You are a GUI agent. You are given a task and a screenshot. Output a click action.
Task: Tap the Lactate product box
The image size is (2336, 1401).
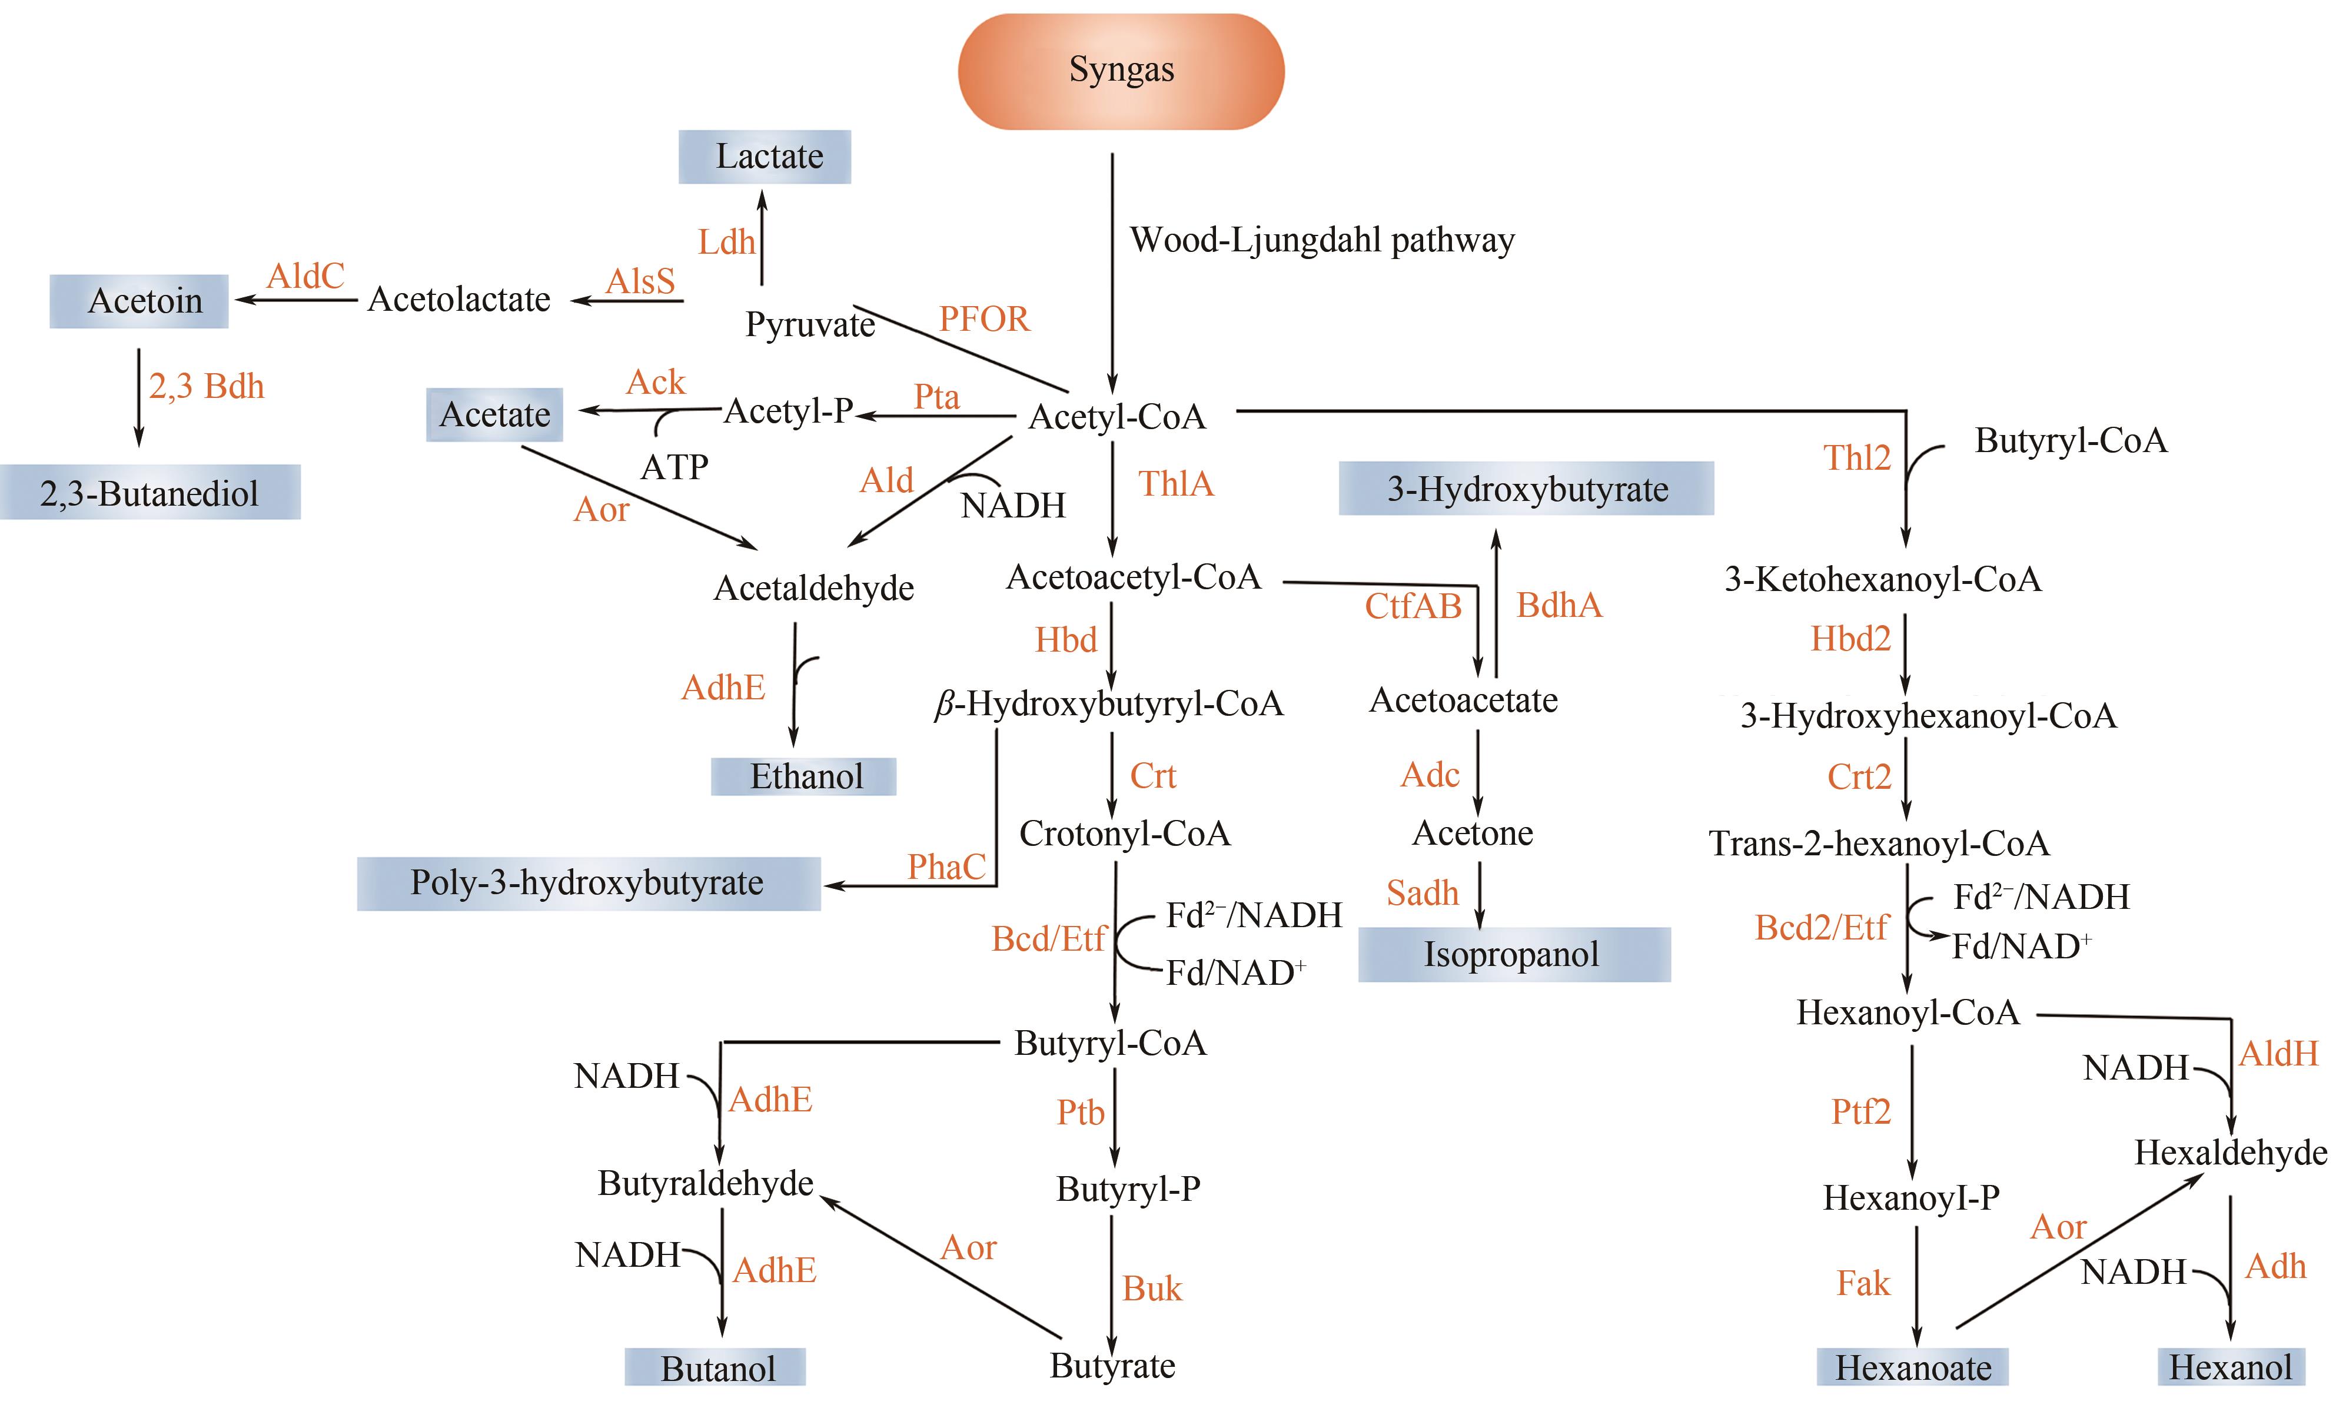click(x=765, y=157)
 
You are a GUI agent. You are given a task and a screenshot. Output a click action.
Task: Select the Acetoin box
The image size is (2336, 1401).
click(x=139, y=301)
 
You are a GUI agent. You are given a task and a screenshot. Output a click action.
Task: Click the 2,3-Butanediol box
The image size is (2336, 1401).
click(x=150, y=493)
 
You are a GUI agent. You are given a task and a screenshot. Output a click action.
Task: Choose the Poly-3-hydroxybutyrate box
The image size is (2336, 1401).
click(x=588, y=883)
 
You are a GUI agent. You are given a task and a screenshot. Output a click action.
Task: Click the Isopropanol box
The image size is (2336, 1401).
click(x=1513, y=954)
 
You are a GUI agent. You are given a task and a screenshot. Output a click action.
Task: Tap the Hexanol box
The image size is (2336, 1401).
click(x=2230, y=1367)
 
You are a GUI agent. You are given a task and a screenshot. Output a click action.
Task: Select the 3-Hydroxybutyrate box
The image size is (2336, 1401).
click(x=1526, y=489)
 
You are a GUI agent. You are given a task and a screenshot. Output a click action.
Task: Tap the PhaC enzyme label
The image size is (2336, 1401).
click(x=946, y=867)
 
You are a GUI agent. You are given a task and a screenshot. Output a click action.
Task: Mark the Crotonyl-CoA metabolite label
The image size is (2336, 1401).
click(x=1124, y=834)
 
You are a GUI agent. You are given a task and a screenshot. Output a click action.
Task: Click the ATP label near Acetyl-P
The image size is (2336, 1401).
click(x=674, y=466)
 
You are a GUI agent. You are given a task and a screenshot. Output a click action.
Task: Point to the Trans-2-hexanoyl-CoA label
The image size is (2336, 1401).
click(x=1878, y=843)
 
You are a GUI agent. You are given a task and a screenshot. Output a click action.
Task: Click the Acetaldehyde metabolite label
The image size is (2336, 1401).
click(x=813, y=588)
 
